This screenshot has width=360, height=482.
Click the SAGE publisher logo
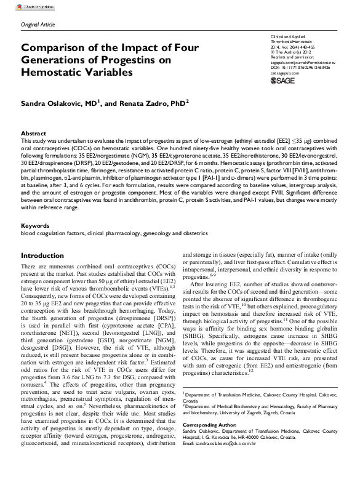284,80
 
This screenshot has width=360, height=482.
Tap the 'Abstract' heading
33,133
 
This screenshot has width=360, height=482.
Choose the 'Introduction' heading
47,255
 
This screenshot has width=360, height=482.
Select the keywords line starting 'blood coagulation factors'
114,233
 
